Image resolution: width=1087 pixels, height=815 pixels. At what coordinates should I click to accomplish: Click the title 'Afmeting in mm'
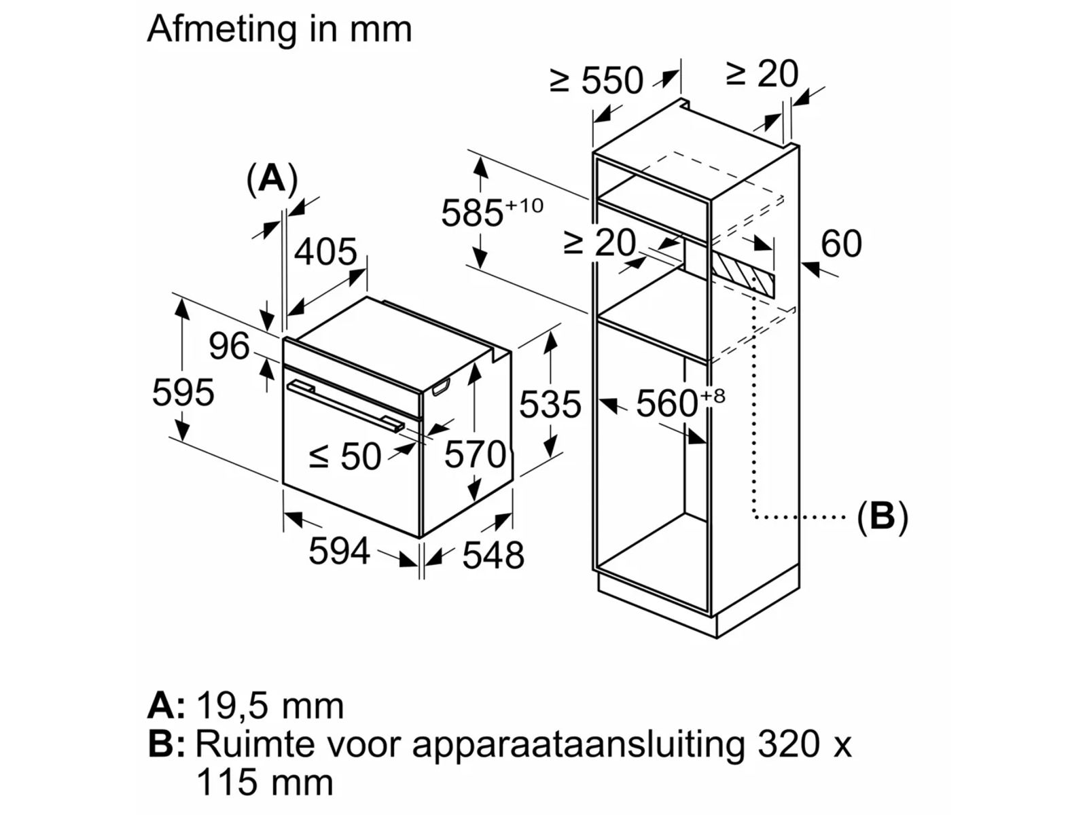tap(279, 29)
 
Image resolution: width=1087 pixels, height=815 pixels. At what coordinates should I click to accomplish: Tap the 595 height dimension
tap(183, 393)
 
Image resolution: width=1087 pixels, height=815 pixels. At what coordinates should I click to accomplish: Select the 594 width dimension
tap(339, 550)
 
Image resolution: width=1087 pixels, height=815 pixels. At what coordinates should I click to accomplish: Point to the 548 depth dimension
tap(493, 555)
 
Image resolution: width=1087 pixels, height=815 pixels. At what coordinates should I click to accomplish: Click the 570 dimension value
tap(475, 454)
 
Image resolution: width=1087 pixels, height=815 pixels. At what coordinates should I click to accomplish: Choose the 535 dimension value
tap(550, 405)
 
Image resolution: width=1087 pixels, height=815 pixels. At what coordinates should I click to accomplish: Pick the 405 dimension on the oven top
tap(325, 251)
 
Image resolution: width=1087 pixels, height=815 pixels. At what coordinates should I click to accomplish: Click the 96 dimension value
tap(229, 346)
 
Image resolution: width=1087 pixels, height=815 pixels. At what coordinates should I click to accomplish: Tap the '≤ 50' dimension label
tap(345, 456)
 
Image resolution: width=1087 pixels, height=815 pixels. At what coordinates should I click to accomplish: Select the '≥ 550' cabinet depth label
tap(596, 80)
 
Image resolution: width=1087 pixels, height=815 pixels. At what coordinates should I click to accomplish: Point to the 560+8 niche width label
tap(679, 403)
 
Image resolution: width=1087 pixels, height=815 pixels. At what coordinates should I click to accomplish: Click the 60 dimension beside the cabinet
tap(841, 243)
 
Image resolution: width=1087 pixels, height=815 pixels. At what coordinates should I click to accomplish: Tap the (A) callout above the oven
tap(272, 179)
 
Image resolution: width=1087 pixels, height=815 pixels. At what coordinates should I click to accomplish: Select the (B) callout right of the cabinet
tap(882, 516)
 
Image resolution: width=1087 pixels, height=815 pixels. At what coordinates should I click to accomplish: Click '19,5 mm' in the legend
tap(270, 706)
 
